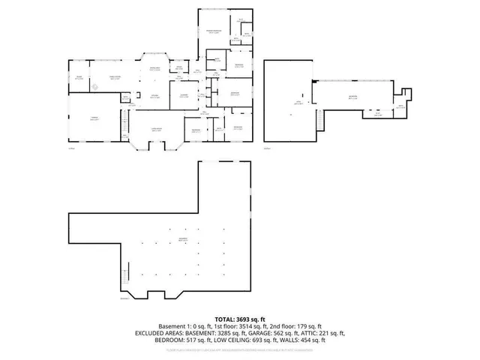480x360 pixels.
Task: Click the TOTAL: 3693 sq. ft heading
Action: click(239, 318)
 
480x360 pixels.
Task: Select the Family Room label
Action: click(116, 76)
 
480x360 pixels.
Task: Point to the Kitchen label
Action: click(152, 95)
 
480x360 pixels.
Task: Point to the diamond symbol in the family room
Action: click(95, 85)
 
